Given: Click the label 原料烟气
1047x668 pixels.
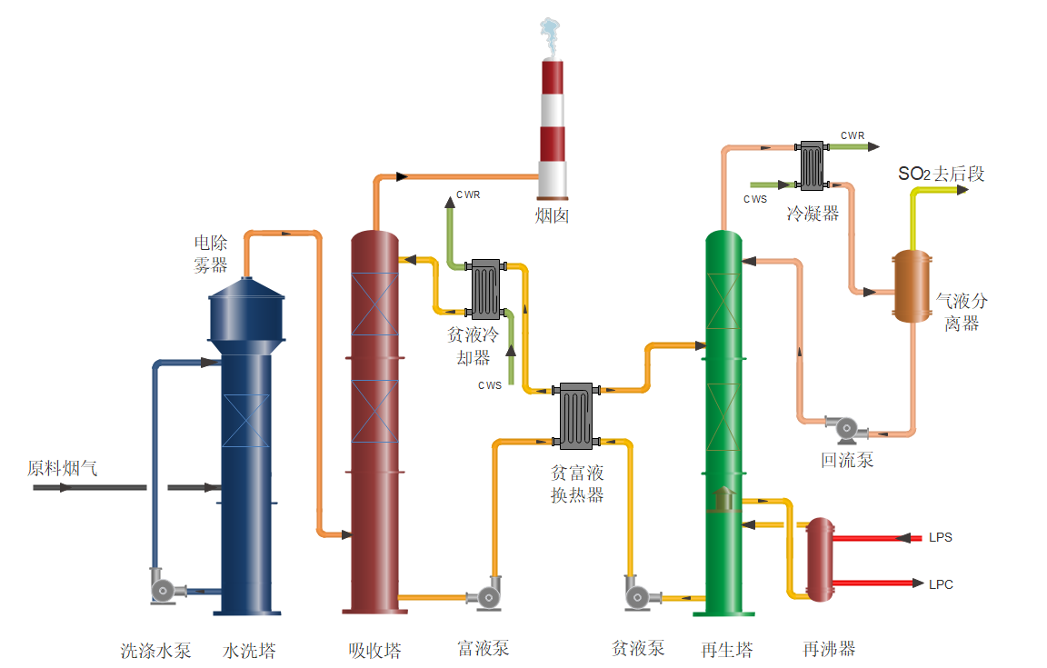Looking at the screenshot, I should pyautogui.click(x=62, y=469).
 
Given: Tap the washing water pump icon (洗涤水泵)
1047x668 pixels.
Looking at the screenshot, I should pyautogui.click(x=165, y=589).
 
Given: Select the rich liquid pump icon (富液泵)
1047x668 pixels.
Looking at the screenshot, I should pyautogui.click(x=486, y=595).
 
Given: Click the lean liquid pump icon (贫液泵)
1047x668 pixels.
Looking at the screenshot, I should pyautogui.click(x=638, y=595).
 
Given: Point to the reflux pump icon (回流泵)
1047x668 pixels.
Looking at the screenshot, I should pyautogui.click(x=844, y=427).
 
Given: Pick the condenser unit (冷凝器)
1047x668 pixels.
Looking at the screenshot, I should pyautogui.click(x=811, y=165).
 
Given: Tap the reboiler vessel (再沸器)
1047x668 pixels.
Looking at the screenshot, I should pyautogui.click(x=821, y=559).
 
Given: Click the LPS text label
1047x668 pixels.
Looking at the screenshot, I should pyautogui.click(x=941, y=537).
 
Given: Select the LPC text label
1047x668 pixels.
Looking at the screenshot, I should pyautogui.click(x=941, y=583).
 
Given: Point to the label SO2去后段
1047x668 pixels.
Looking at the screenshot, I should pyautogui.click(x=942, y=174).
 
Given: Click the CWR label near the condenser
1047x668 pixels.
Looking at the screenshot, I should pyautogui.click(x=853, y=135).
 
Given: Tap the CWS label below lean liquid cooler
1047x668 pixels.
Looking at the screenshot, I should pyautogui.click(x=490, y=385).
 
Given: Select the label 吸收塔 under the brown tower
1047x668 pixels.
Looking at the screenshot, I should pyautogui.click(x=374, y=650).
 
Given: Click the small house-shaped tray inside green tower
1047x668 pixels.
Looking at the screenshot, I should pyautogui.click(x=724, y=499).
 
